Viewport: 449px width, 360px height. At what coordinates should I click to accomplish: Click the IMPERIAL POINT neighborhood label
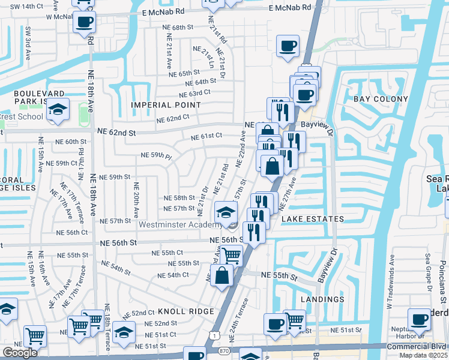pyautogui.click(x=166, y=105)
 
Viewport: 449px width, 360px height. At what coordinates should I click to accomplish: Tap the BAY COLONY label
pyautogui.click(x=381, y=99)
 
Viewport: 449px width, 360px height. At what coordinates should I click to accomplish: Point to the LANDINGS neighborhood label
pyautogui.click(x=323, y=299)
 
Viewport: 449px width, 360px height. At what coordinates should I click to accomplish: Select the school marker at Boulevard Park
pyautogui.click(x=58, y=110)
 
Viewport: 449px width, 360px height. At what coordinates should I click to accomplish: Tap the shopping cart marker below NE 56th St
pyautogui.click(x=231, y=255)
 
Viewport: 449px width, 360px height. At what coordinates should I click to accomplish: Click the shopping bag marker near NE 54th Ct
pyautogui.click(x=222, y=275)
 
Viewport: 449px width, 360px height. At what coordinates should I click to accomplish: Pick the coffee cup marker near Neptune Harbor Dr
pyautogui.click(x=418, y=320)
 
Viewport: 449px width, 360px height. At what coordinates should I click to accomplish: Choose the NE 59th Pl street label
pyautogui.click(x=156, y=155)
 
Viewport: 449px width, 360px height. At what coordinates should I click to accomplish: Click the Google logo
pyautogui.click(x=20, y=352)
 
